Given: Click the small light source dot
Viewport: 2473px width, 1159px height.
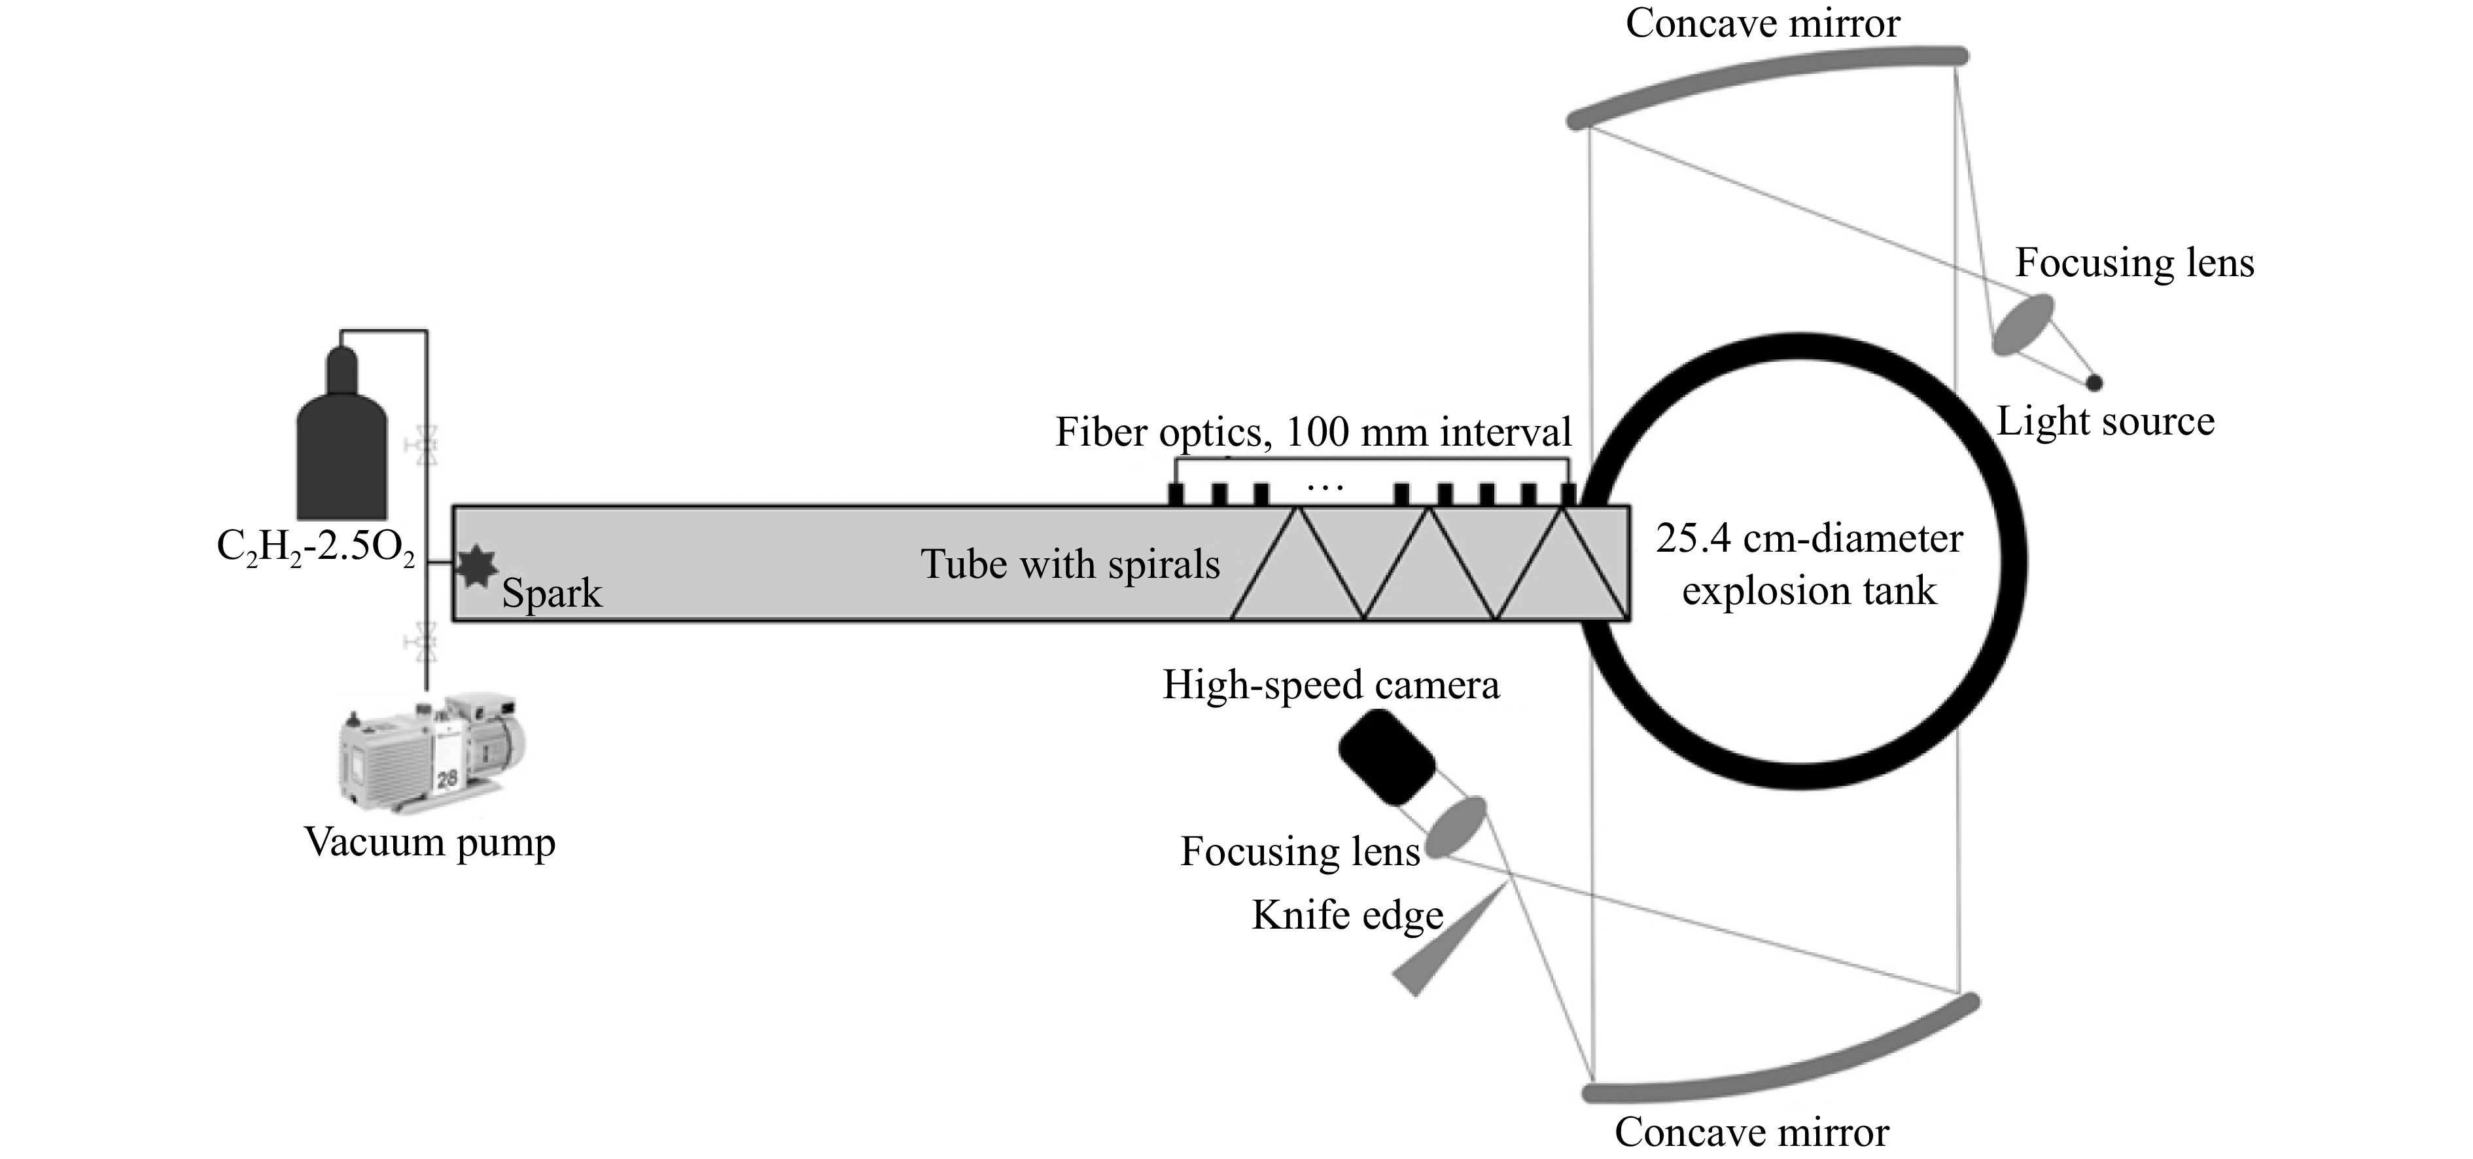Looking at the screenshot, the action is (x=2095, y=382).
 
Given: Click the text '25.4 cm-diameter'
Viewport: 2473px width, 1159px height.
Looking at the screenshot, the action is (x=1810, y=539).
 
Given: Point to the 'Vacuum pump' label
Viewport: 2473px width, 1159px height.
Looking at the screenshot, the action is (x=430, y=843).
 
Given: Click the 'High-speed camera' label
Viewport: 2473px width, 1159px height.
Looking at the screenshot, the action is (x=1331, y=685).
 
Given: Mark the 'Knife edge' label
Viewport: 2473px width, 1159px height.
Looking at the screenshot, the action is (x=1348, y=914).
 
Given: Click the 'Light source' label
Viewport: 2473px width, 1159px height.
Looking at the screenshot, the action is (x=2105, y=421).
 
